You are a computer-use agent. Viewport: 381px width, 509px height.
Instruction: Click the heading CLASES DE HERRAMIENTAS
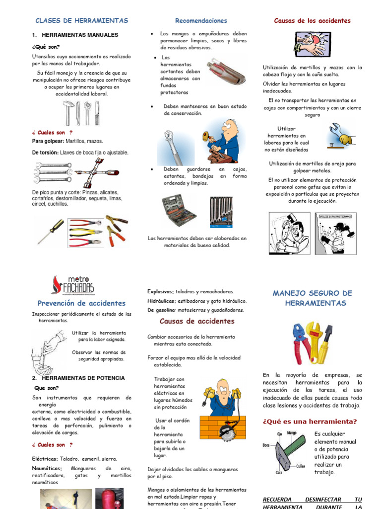pyautogui.click(x=81, y=20)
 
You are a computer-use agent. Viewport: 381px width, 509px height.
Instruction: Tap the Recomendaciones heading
pyautogui.click(x=201, y=20)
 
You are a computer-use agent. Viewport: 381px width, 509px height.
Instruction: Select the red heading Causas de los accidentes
pyautogui.click(x=312, y=20)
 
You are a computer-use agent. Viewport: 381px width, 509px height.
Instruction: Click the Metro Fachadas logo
pyautogui.click(x=73, y=285)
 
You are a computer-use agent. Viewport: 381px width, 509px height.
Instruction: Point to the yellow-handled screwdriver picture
pyautogui.click(x=51, y=231)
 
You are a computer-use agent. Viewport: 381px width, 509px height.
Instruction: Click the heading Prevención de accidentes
pyautogui.click(x=81, y=303)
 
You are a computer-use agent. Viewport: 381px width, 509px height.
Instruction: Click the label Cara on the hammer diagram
pyautogui.click(x=279, y=473)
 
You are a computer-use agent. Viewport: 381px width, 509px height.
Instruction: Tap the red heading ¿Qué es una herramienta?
pyautogui.click(x=310, y=422)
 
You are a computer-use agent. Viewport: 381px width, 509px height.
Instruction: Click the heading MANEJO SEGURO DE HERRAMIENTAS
pyautogui.click(x=312, y=298)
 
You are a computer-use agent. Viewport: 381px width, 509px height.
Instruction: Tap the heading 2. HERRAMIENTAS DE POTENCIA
pyautogui.click(x=78, y=378)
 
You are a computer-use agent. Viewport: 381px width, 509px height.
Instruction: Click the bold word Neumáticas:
pyautogui.click(x=48, y=468)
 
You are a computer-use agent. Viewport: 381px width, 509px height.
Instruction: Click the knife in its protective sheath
pyautogui.click(x=226, y=71)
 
